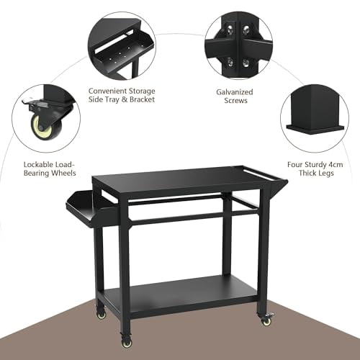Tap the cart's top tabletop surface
184,180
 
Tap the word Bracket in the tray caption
140,101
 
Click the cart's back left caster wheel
101,313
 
